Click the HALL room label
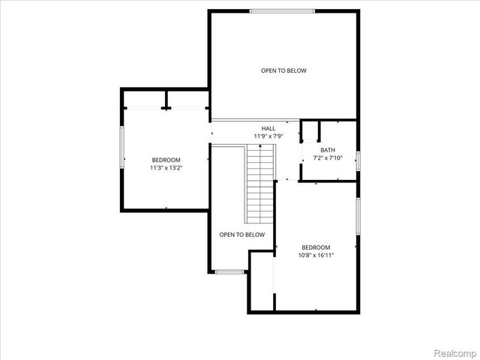click(x=268, y=128)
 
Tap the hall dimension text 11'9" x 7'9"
click(x=268, y=136)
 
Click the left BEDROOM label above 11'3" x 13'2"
click(x=166, y=160)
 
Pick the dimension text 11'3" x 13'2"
click(x=166, y=168)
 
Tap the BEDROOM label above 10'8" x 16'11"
click(x=316, y=247)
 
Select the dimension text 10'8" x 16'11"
click(x=316, y=256)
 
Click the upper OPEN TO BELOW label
click(x=283, y=70)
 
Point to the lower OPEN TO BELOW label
click(x=242, y=235)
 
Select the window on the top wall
click(x=283, y=10)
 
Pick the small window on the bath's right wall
click(x=358, y=160)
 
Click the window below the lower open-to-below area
click(x=230, y=271)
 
